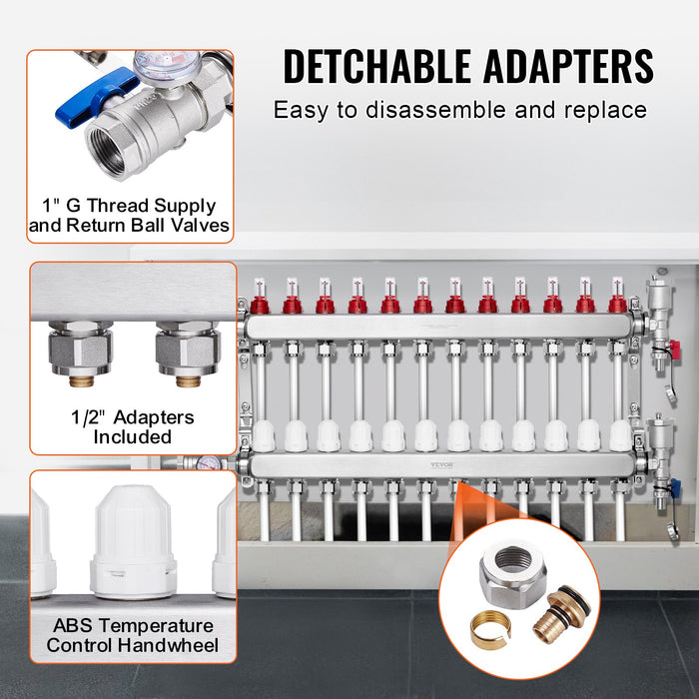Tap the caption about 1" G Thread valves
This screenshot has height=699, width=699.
tap(130, 216)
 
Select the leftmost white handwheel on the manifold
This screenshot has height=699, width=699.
tap(264, 436)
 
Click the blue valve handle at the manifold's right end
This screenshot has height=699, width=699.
tap(674, 487)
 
